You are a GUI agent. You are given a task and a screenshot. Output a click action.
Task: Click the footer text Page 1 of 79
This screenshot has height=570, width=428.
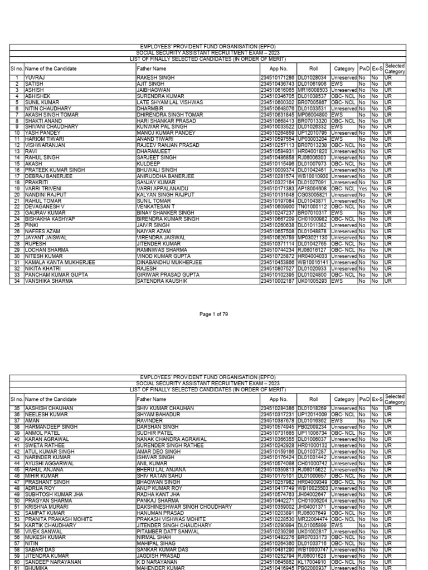(214, 315)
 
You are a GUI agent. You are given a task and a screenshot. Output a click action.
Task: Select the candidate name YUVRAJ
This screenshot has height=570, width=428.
(33, 78)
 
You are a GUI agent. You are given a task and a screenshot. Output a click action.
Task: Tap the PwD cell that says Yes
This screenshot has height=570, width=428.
(363, 204)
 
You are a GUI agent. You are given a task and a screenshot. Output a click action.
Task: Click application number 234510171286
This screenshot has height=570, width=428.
(278, 78)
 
